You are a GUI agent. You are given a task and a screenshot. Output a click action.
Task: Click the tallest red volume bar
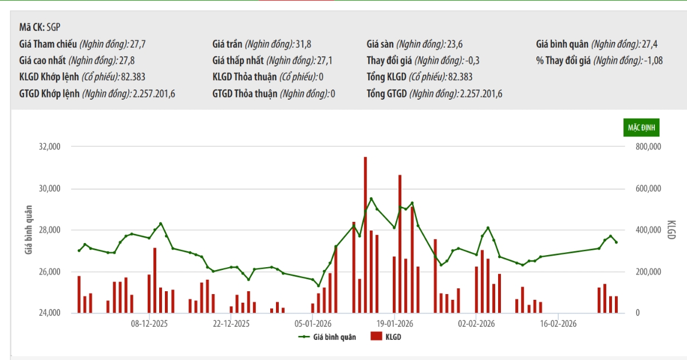click(x=365, y=235)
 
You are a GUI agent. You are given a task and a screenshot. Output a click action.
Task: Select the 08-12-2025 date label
click(x=149, y=323)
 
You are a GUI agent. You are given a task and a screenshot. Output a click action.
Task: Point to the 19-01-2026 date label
click(x=395, y=323)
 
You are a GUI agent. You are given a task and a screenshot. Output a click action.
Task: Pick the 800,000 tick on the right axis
click(x=648, y=147)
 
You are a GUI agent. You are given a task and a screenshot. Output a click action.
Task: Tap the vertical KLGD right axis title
click(x=672, y=230)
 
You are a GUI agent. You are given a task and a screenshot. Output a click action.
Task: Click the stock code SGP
click(x=54, y=26)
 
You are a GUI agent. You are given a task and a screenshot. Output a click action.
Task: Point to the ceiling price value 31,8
click(x=304, y=44)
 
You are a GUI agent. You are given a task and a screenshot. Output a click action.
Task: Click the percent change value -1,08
click(x=653, y=60)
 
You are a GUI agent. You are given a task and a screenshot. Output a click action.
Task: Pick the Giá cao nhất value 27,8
click(x=127, y=60)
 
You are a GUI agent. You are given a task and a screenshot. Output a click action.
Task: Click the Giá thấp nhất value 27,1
click(x=325, y=60)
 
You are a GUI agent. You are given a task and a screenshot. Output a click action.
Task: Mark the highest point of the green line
click(x=371, y=199)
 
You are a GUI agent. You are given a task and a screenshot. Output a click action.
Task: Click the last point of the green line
click(x=616, y=242)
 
